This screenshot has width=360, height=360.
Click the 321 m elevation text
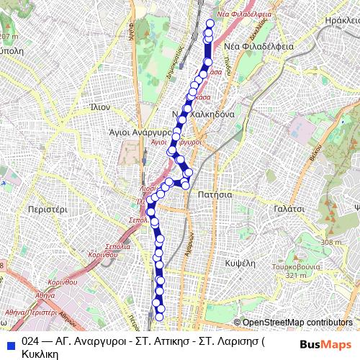pos(296,275)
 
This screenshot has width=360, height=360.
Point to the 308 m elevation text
pos(330,243)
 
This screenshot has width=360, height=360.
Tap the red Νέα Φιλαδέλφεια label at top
pos(244,13)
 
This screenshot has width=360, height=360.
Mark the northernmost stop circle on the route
pos(210,22)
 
